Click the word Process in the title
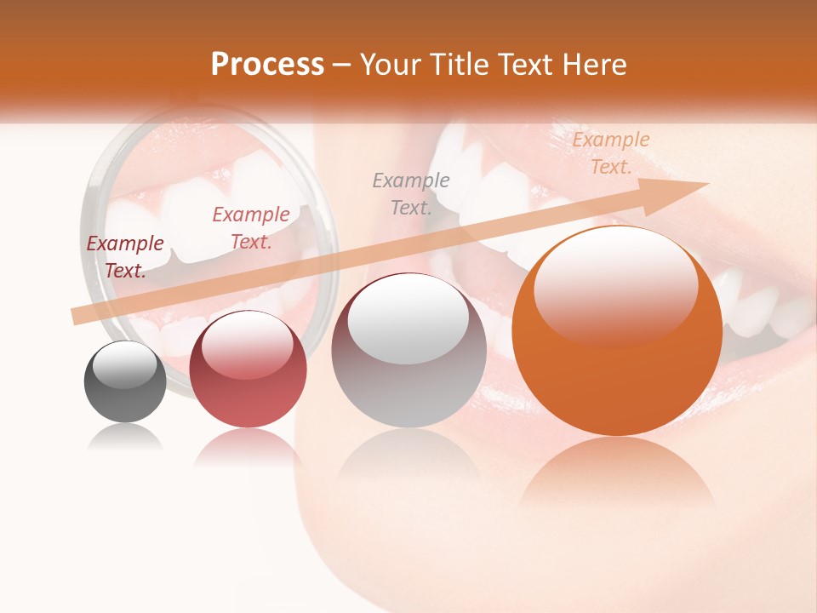click(x=267, y=65)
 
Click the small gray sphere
click(x=125, y=381)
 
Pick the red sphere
click(x=248, y=370)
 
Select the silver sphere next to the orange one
click(x=408, y=351)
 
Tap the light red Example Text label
click(x=251, y=228)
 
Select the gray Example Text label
click(x=411, y=193)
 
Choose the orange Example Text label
click(x=611, y=153)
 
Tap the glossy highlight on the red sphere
click(x=247, y=344)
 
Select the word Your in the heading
click(x=388, y=65)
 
